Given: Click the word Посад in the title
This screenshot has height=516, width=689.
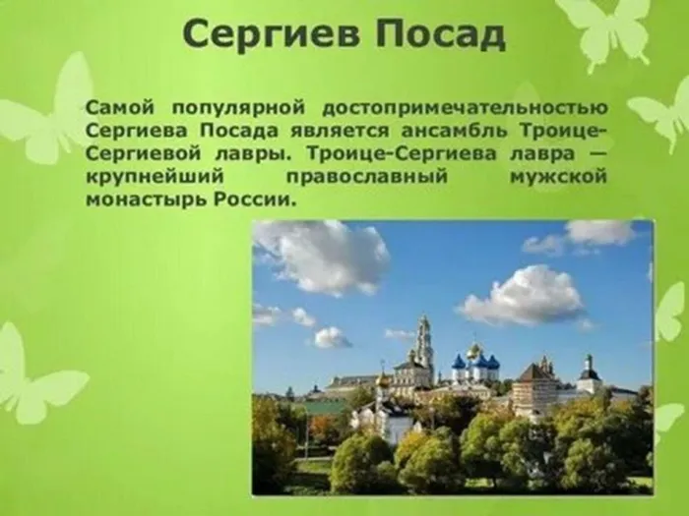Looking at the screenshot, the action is tap(440, 35).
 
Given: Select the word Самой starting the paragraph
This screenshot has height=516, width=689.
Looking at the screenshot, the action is tap(120, 107).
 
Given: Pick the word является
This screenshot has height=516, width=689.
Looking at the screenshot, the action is tap(339, 131).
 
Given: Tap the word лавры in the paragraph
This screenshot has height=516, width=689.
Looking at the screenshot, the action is tap(254, 154).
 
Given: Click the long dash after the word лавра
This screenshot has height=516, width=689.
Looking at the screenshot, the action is tap(596, 154).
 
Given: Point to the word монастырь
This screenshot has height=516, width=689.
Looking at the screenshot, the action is tap(148, 201).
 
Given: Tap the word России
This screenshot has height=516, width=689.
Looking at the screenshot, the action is tap(253, 200).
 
